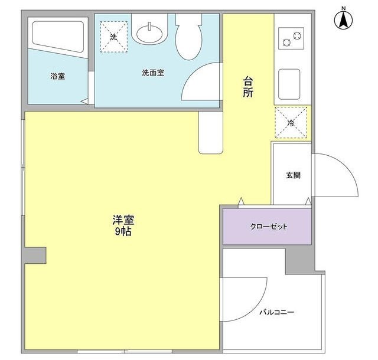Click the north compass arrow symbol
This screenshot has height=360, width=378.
pyautogui.click(x=343, y=21)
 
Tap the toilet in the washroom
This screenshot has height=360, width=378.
pyautogui.click(x=188, y=36)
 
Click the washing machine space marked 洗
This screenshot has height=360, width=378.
pyautogui.click(x=114, y=37)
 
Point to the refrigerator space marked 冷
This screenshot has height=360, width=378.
pyautogui.click(x=291, y=123)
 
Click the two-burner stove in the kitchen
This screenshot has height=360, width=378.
pyautogui.click(x=291, y=38)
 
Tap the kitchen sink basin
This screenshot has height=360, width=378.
pyautogui.click(x=289, y=84)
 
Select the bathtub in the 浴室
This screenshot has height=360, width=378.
pyautogui.click(x=58, y=37)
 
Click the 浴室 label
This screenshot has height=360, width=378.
pyautogui.click(x=58, y=76)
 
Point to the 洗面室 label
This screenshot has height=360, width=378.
pyautogui.click(x=153, y=73)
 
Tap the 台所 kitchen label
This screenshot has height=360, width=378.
pyautogui.click(x=248, y=87)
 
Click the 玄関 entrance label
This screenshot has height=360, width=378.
pyautogui.click(x=293, y=175)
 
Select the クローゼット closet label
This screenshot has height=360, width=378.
pyautogui.click(x=269, y=227)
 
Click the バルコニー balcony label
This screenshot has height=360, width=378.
pyautogui.click(x=277, y=312)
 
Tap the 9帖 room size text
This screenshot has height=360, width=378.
pyautogui.click(x=123, y=231)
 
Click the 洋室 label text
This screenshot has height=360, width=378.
pyautogui.click(x=123, y=220)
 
